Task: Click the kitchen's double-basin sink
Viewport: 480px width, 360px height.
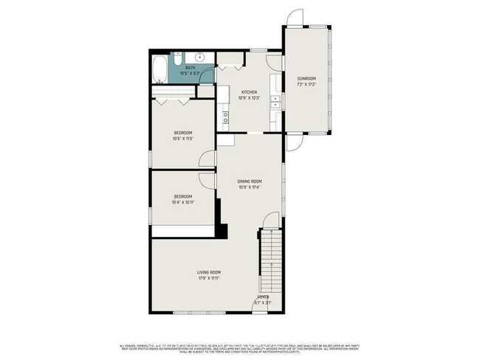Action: [275, 101]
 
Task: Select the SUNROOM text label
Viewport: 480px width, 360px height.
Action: [306, 78]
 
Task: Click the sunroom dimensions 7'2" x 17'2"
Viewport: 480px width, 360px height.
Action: [306, 84]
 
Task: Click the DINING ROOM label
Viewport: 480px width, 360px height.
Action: [250, 181]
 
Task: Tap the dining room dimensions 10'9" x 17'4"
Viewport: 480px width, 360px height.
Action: [250, 187]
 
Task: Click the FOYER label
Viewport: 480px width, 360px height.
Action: [262, 297]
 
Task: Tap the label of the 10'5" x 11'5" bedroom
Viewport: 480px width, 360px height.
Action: [182, 133]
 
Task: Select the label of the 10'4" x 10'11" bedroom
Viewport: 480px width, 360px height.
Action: [182, 196]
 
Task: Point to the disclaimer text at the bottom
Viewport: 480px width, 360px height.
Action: [240, 347]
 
